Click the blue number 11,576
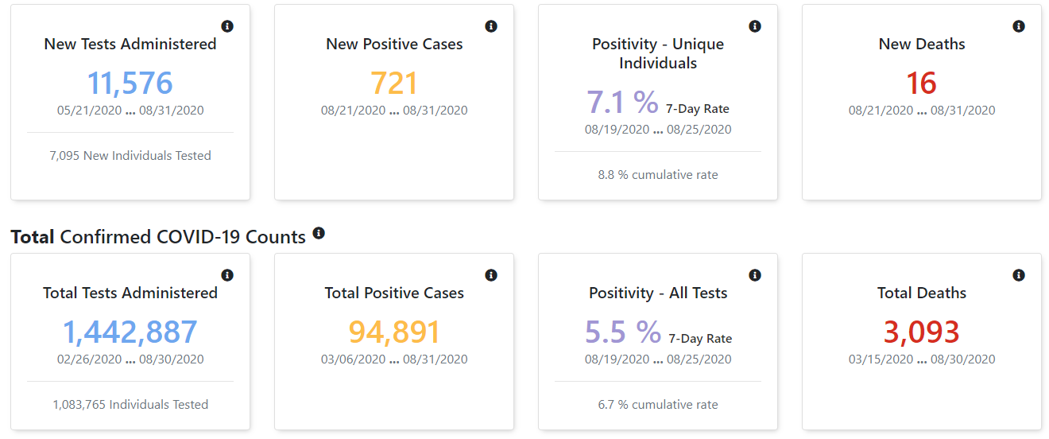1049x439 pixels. coord(130,83)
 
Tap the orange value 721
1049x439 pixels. coord(394,83)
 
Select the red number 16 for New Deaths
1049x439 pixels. coord(921,83)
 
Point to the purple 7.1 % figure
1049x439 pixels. coord(622,102)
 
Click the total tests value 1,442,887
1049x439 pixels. coord(130,332)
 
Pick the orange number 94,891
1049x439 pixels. coord(394,332)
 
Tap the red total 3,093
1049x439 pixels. coord(921,332)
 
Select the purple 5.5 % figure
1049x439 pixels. coord(623,332)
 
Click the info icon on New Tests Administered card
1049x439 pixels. coord(227,26)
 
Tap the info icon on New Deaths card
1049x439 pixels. coord(1019,26)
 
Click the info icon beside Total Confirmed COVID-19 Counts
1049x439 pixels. coord(319,233)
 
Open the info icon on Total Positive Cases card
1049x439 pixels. coord(491,275)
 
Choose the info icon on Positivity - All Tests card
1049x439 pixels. coord(754,275)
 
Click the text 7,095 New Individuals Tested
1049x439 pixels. coord(130,156)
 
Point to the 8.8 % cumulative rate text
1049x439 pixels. coord(657,175)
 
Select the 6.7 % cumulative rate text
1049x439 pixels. coord(657,404)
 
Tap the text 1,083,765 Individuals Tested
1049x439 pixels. coord(130,404)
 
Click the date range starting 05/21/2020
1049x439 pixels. coord(130,110)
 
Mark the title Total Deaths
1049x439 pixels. coord(921,293)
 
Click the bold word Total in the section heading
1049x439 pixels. coord(33,237)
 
